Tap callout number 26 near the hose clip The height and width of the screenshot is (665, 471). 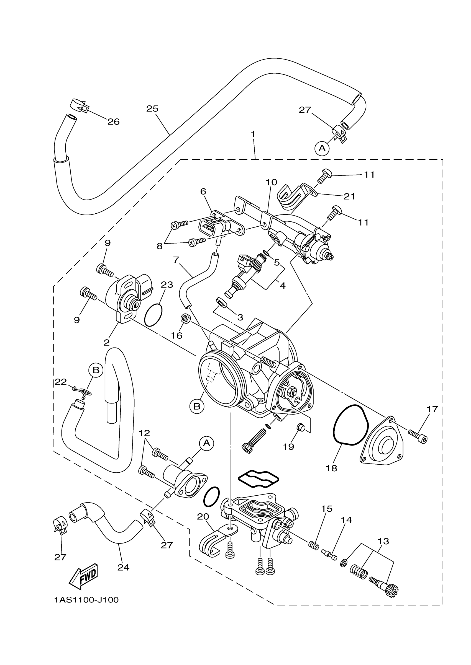[x=113, y=122]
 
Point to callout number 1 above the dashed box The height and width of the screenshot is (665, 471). [x=253, y=134]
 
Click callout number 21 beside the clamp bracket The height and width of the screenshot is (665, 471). [x=349, y=197]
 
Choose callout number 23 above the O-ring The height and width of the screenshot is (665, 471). [x=167, y=285]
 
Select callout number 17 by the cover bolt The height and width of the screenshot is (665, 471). [x=432, y=409]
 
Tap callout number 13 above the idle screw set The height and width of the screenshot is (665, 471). [x=383, y=541]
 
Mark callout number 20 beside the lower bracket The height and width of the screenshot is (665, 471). [x=203, y=516]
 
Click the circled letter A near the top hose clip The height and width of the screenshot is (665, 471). [x=322, y=148]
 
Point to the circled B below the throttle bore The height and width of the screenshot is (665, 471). [x=197, y=406]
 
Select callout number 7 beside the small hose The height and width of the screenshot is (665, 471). [x=176, y=260]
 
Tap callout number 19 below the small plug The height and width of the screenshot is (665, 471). [x=288, y=447]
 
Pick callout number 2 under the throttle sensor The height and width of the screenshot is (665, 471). [x=106, y=343]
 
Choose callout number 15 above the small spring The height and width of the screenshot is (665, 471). [x=327, y=509]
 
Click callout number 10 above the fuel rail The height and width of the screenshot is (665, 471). [x=272, y=182]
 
